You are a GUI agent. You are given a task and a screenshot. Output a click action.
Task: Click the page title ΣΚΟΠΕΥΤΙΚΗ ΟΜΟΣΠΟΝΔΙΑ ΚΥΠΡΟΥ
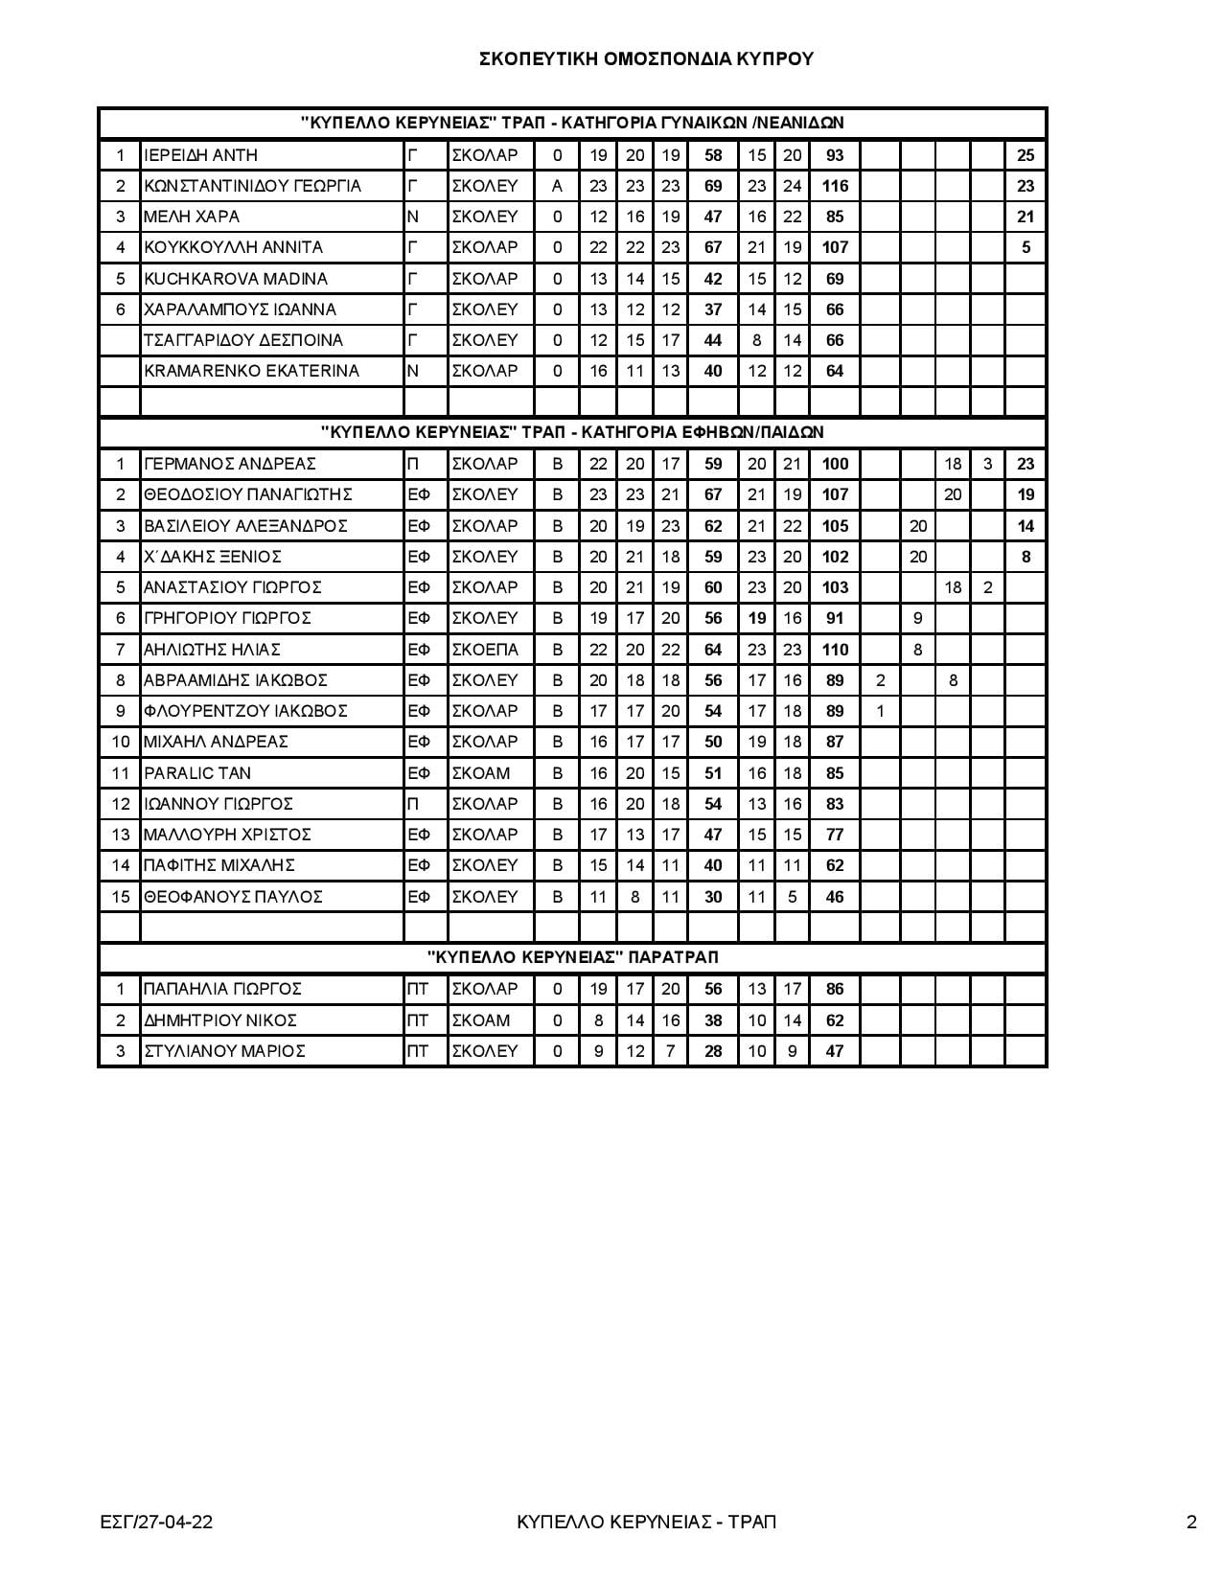click(x=646, y=59)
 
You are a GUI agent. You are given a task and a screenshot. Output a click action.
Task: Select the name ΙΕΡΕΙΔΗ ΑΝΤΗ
click(x=200, y=155)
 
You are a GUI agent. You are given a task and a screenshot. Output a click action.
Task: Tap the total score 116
click(x=835, y=186)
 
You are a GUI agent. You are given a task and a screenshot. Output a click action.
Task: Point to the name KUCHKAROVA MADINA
click(x=236, y=279)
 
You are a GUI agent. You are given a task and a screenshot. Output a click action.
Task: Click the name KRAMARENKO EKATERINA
click(x=251, y=371)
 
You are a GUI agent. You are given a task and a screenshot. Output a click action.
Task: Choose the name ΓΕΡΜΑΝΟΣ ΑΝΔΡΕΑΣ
click(x=230, y=464)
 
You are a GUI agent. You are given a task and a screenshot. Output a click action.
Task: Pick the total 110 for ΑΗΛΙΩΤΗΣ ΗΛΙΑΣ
click(x=835, y=650)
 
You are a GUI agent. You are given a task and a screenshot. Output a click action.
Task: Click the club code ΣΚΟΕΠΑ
click(x=485, y=650)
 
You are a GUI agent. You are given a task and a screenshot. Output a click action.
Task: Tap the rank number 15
click(x=120, y=897)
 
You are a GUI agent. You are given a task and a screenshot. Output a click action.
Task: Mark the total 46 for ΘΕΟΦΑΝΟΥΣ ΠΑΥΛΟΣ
click(x=835, y=897)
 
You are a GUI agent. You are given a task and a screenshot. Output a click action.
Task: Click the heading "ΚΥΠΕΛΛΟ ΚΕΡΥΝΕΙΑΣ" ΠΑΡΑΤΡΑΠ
click(x=572, y=957)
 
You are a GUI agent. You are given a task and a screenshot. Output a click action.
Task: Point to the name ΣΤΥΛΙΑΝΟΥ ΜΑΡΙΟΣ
click(x=224, y=1051)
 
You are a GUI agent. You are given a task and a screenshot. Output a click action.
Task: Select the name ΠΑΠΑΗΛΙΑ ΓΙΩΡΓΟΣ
click(x=222, y=989)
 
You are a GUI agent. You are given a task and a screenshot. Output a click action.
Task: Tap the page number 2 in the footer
click(x=1191, y=1522)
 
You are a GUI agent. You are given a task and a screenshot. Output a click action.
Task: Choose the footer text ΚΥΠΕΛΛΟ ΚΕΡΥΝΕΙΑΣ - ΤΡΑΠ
click(x=645, y=1522)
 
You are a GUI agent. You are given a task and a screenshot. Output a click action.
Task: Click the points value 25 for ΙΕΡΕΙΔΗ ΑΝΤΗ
click(x=1026, y=155)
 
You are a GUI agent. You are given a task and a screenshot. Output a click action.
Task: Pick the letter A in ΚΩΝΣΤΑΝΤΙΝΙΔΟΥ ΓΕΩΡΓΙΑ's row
click(x=557, y=186)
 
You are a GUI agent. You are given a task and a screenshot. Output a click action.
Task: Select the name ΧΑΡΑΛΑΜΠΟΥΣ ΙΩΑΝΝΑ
click(x=240, y=309)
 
